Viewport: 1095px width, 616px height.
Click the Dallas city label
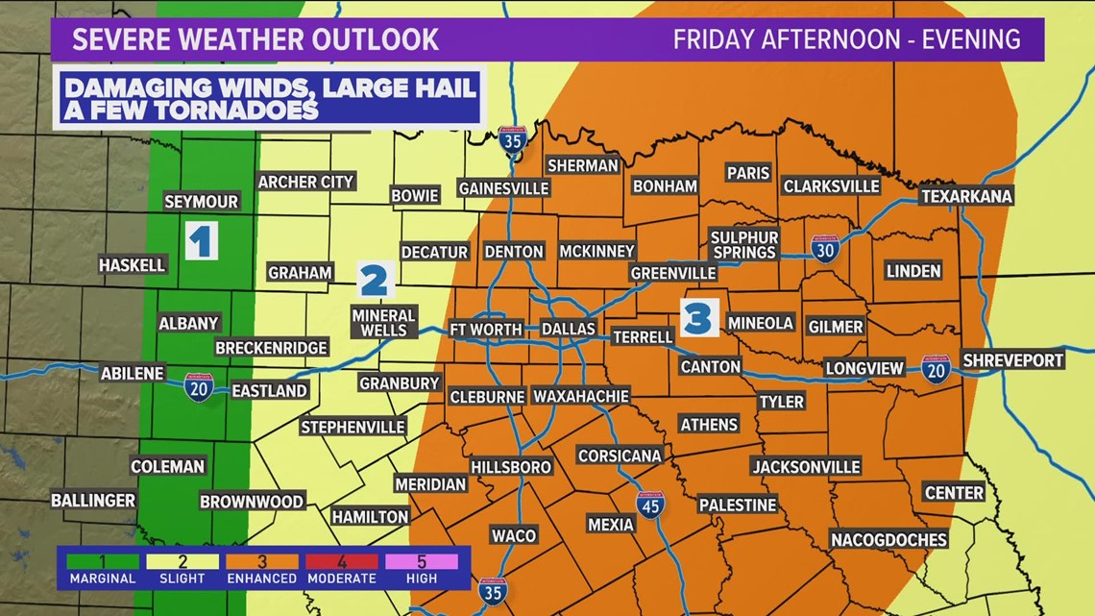coord(569,329)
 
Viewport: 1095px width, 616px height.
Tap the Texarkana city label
coord(966,196)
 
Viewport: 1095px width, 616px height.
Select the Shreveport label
coord(1013,359)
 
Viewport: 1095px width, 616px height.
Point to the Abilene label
coord(133,374)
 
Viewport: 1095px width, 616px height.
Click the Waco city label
coord(514,535)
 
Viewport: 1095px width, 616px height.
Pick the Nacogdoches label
coord(888,539)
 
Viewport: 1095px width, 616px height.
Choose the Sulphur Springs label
coord(744,244)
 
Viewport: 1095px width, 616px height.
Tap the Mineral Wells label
coord(383,322)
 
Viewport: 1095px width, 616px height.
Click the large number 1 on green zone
coord(200,241)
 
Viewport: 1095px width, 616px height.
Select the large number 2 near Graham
coord(375,280)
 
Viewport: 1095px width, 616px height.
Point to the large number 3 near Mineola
coord(699,316)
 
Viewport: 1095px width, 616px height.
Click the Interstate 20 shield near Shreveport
coord(935,369)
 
